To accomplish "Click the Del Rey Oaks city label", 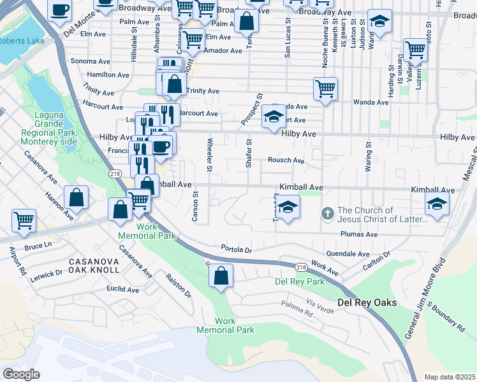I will [362, 302].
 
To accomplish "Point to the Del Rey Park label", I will [299, 281].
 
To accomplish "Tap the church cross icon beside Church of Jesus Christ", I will [327, 214].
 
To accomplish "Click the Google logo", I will [22, 374].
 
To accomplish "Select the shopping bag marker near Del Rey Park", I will [221, 277].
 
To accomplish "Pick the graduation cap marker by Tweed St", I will [288, 208].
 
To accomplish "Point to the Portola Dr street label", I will [236, 248].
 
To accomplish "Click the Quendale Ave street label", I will [348, 253].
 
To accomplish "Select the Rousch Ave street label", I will [286, 160].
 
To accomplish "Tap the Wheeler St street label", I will [209, 154].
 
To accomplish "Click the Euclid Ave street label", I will [123, 289].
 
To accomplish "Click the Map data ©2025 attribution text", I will [449, 376].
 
